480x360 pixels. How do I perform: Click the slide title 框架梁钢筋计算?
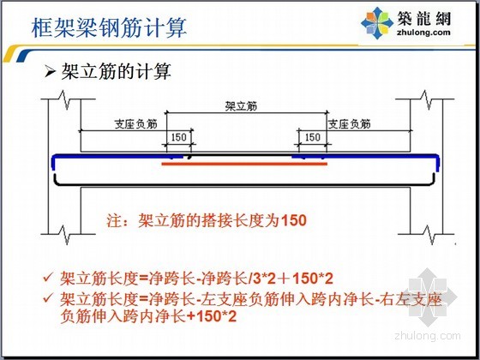pos(109,27)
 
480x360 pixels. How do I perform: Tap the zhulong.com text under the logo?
pos(423,33)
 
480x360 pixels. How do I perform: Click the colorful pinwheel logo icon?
pos(377,23)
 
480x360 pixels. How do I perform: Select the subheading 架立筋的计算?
pos(116,72)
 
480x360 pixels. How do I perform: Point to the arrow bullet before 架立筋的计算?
pos(50,72)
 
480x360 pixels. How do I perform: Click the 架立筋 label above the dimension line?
pos(241,106)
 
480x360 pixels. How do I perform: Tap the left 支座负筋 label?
pos(135,123)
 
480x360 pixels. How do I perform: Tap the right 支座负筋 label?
pos(350,123)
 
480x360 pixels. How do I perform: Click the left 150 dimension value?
pos(179,137)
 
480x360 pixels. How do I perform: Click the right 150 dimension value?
pos(313,137)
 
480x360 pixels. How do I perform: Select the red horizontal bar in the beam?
pos(244,164)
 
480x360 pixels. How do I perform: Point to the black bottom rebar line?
pos(244,184)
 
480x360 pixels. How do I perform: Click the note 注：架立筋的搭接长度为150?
pos(207,220)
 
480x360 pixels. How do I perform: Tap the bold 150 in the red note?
pos(293,220)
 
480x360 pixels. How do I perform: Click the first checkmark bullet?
pos(48,278)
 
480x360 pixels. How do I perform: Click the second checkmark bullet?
pos(48,298)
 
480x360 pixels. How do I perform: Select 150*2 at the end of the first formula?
pos(313,279)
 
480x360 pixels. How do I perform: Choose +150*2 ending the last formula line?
pos(211,316)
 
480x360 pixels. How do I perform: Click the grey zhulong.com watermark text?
pos(428,335)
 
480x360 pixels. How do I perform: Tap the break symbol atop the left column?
pos(65,99)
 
